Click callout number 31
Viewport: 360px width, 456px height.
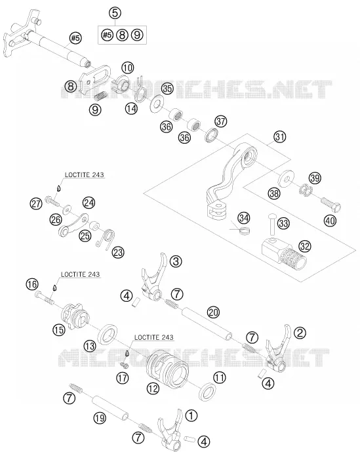280,136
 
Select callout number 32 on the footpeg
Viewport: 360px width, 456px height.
304,246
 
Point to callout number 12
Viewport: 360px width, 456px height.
153,388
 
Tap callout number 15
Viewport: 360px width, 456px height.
58,330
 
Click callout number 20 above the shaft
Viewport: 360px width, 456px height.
213,312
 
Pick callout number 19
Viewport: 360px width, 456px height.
100,418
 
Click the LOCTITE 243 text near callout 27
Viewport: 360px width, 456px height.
84,175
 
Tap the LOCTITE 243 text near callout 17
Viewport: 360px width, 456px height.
153,337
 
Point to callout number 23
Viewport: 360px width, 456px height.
118,252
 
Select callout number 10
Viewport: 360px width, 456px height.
128,68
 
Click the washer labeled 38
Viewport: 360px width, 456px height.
286,178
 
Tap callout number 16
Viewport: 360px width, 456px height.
32,284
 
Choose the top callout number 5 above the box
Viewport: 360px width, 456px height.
115,13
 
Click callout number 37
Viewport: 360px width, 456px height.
220,121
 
